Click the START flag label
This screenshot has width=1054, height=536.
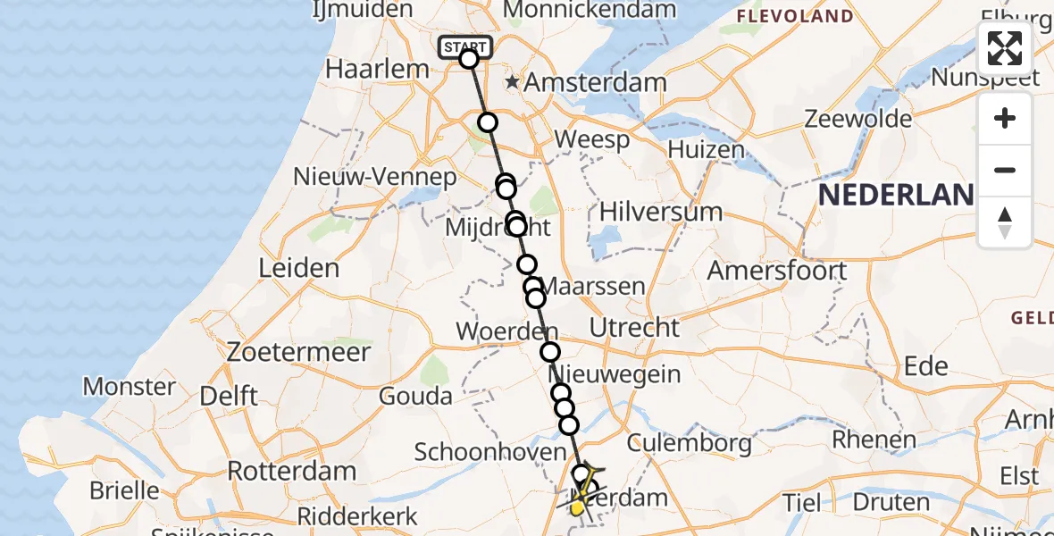[465, 47]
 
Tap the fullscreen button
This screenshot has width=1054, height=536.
[1005, 48]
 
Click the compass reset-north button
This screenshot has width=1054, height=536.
[1005, 222]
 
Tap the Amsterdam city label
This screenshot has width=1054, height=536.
[595, 83]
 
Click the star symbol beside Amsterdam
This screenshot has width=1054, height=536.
[513, 82]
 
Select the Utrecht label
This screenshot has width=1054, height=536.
[635, 327]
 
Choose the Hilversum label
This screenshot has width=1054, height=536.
[661, 212]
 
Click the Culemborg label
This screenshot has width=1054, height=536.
[690, 442]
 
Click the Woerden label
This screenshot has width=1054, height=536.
[500, 331]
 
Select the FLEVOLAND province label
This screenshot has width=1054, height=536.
[795, 16]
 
